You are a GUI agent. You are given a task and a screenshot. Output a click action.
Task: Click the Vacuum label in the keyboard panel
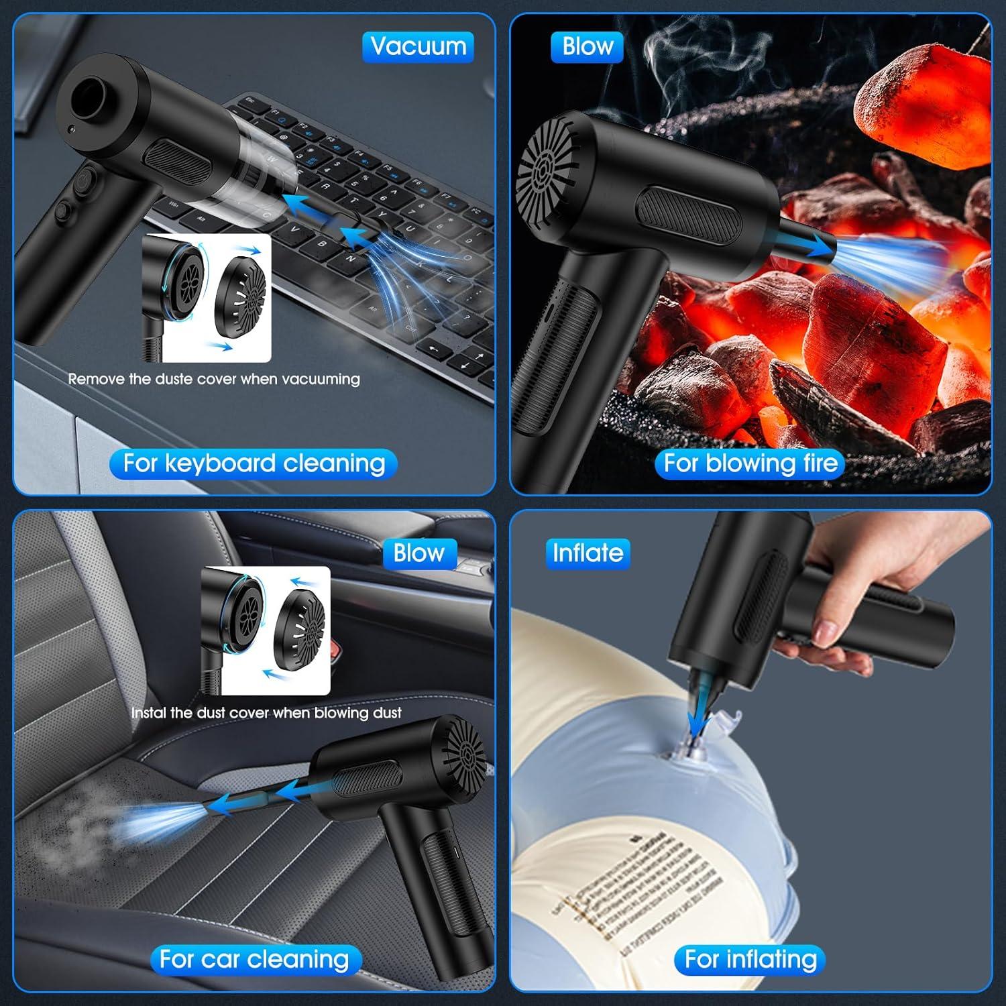pos(418,47)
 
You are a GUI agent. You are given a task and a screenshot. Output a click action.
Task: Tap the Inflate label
pos(588,553)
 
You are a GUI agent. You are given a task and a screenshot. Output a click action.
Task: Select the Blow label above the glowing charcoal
pos(588,47)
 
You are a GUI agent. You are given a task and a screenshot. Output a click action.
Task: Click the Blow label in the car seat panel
pos(419,553)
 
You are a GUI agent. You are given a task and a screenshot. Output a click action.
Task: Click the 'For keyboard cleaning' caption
pos(254,464)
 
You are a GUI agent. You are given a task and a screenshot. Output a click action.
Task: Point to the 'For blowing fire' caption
pos(750,464)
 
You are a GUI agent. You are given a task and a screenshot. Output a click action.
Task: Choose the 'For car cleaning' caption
pos(254,960)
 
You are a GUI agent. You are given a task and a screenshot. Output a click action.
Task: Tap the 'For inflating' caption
pos(750,960)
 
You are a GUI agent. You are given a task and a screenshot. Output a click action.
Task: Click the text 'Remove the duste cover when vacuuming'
pos(214,379)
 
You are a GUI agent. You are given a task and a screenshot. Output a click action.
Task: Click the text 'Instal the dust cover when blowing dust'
pos(266,713)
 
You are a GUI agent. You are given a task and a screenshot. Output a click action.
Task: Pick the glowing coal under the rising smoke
pos(929,107)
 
